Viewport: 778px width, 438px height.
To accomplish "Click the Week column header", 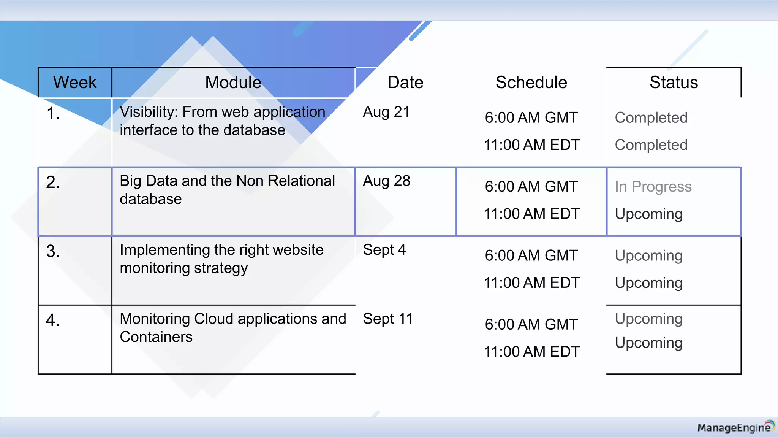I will click(75, 83).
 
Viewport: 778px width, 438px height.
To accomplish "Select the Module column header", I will click(233, 83).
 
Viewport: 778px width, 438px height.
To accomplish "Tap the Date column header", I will click(405, 83).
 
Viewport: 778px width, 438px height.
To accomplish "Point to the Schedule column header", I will click(531, 83).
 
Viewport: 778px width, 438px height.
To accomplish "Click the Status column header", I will click(674, 83).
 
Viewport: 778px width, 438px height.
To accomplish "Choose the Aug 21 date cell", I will click(386, 112).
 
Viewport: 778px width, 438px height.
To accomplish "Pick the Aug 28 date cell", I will click(386, 181).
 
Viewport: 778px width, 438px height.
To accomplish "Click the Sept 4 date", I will click(384, 250).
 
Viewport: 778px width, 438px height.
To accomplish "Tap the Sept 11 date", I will click(387, 319).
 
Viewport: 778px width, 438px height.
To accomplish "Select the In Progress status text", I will click(653, 187).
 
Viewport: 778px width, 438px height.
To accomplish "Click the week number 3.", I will click(53, 251).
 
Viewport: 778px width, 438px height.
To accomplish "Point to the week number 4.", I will click(53, 320).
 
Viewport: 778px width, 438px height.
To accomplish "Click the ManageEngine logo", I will click(735, 427).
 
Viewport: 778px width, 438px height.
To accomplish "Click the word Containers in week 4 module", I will click(156, 337).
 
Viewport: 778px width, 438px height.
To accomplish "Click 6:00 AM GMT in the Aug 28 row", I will click(531, 187).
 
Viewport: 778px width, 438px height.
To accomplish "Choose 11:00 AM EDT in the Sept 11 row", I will click(531, 352).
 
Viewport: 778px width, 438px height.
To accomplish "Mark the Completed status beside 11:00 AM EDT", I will click(651, 145).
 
